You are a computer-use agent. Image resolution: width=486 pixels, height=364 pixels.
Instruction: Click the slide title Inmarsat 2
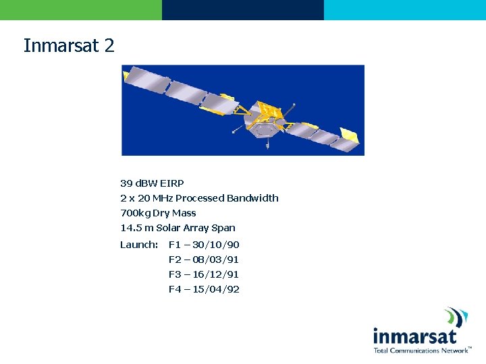pos(69,46)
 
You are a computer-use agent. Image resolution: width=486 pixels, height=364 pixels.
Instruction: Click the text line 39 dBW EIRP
pos(152,183)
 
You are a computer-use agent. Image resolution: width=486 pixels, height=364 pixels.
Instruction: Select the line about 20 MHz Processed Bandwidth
pos(199,198)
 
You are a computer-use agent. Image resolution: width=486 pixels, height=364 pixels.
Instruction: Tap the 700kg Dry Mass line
pos(158,213)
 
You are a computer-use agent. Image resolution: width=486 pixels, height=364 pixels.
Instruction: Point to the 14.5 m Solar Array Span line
pos(178,228)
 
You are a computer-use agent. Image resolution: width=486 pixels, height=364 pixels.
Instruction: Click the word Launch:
pos(139,245)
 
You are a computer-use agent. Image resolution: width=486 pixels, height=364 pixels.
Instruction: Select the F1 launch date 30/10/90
pos(204,245)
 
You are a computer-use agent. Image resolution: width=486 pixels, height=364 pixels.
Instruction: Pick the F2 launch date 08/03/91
pos(204,260)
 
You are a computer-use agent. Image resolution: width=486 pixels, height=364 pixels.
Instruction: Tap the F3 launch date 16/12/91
pos(204,274)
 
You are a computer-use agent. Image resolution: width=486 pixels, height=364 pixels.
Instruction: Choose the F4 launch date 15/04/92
pos(204,289)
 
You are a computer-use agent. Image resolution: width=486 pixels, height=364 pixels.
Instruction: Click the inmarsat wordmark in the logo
pos(414,336)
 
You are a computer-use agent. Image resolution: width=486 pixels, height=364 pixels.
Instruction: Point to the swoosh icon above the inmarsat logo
pos(456,317)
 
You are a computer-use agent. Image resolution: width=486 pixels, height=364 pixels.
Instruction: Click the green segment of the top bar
pos(81,9)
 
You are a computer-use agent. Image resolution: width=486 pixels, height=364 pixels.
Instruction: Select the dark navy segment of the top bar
pos(243,9)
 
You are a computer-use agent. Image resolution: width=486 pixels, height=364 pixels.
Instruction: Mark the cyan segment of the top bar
pos(405,9)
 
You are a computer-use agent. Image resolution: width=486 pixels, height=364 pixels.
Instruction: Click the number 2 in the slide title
pos(109,46)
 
